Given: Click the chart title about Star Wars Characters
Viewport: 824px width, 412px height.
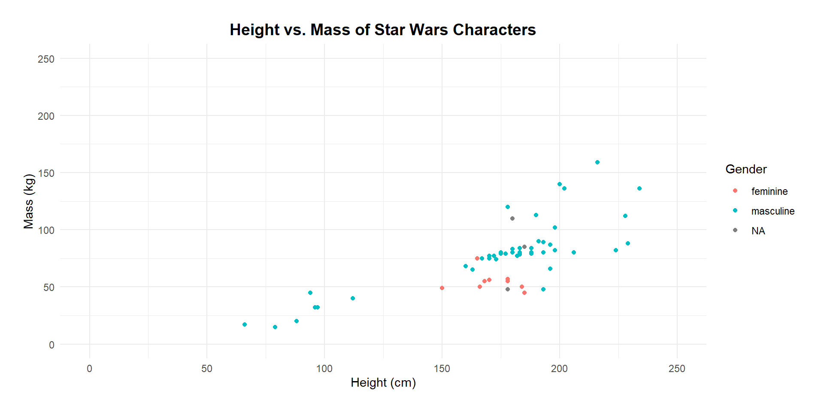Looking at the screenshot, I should pos(382,30).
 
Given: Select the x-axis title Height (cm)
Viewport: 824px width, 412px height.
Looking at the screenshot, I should pos(383,382).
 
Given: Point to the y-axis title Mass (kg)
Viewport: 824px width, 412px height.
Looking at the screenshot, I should pos(28,201).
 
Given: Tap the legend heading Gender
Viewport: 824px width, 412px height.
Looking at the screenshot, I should pos(746,169).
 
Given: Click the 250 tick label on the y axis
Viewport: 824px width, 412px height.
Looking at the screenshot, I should pos(46,59).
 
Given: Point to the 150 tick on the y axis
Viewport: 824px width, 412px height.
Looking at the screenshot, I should pos(46,173).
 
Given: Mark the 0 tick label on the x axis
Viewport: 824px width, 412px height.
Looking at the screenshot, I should pos(89,369).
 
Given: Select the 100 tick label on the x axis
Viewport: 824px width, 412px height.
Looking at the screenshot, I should pos(324,369).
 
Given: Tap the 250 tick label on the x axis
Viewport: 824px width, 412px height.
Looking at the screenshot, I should pos(677,369).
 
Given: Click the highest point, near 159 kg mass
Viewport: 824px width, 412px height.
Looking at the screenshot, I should pos(597,162).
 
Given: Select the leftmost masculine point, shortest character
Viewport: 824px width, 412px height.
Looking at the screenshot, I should pos(245,324).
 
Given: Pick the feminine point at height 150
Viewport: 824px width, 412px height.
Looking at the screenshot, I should pos(442,288).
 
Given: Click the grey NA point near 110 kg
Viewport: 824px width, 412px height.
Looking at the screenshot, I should pos(512,218).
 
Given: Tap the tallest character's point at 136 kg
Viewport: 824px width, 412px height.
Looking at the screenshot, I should pos(639,188).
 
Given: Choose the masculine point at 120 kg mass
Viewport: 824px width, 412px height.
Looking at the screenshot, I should pos(508,207).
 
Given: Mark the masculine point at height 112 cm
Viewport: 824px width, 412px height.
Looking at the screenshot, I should pos(353,298).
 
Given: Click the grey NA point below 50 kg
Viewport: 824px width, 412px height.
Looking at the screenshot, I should pos(508,289).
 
